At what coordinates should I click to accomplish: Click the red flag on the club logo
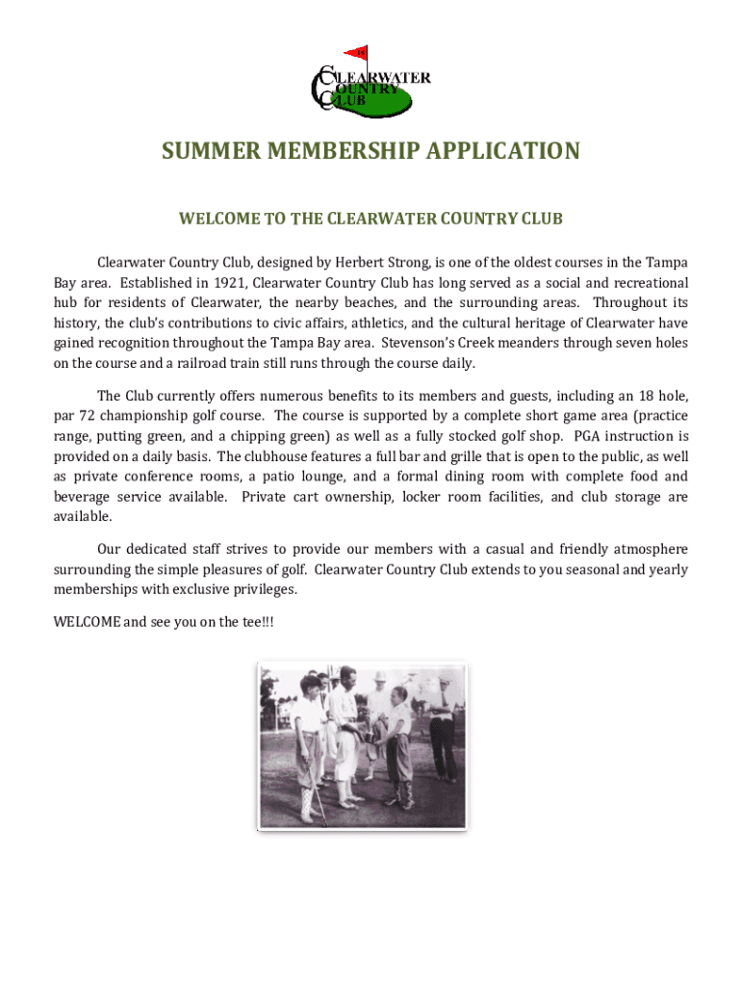(357, 52)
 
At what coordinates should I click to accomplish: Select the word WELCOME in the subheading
(219, 220)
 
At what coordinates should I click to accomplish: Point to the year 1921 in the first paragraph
(226, 283)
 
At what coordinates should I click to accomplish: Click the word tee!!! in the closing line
(259, 622)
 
